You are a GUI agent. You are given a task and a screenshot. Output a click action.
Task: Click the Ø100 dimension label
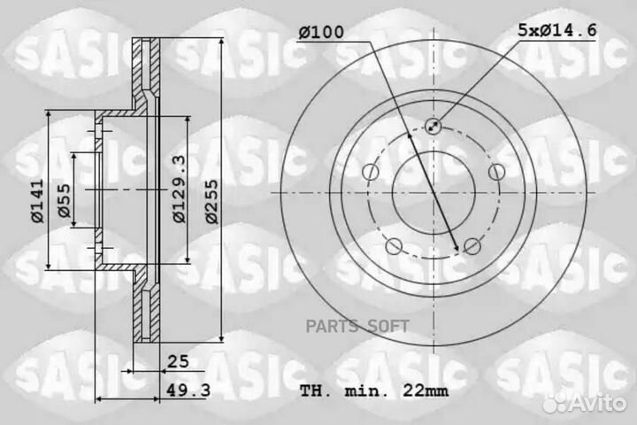click(x=321, y=32)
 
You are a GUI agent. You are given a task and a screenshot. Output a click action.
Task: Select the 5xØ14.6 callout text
click(x=557, y=30)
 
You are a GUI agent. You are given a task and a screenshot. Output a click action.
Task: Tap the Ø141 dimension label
click(x=37, y=201)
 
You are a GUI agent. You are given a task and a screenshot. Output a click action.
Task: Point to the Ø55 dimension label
click(x=64, y=200)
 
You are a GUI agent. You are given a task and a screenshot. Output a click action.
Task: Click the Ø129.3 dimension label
click(x=179, y=189)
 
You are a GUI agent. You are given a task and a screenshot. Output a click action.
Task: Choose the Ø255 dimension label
click(x=211, y=202)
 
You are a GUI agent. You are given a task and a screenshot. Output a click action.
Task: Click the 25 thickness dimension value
click(x=179, y=361)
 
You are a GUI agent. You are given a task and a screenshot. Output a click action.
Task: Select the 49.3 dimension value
click(x=188, y=390)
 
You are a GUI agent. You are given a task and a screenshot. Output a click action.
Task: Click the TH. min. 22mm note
click(x=374, y=391)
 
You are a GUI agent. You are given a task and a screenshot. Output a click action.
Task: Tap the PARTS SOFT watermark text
click(x=357, y=326)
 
